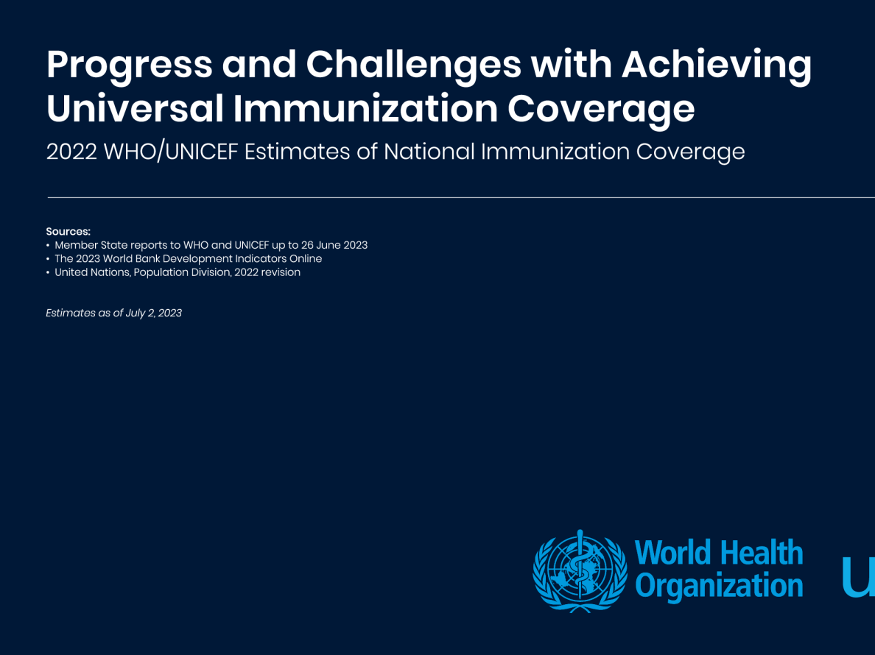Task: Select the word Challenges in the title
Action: pyautogui.click(x=413, y=65)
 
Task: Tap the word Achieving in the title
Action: pyautogui.click(x=717, y=65)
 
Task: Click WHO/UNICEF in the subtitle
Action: pyautogui.click(x=171, y=152)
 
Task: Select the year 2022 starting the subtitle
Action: pyautogui.click(x=71, y=152)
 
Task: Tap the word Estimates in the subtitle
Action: pyautogui.click(x=297, y=152)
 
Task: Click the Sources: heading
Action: pyautogui.click(x=68, y=231)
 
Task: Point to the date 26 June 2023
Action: pyautogui.click(x=334, y=245)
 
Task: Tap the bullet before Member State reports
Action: pyautogui.click(x=48, y=245)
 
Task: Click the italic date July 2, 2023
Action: pyautogui.click(x=153, y=314)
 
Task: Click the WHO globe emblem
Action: pyautogui.click(x=580, y=571)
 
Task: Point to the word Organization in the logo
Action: pyautogui.click(x=719, y=586)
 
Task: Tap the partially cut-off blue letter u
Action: pyautogui.click(x=858, y=577)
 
